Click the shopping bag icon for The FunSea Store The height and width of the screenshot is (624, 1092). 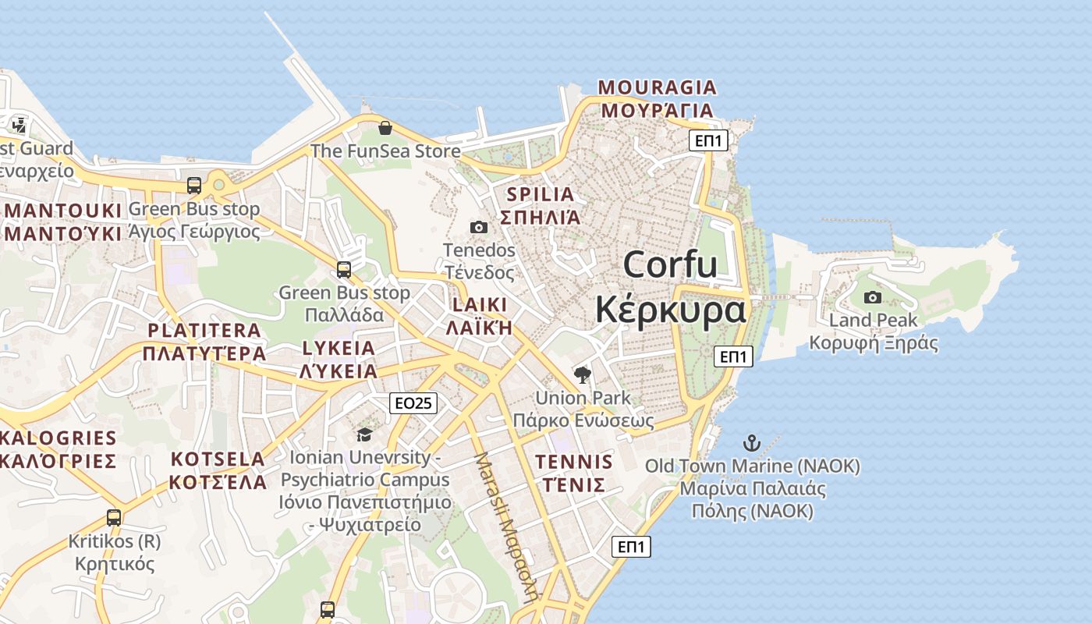pyautogui.click(x=385, y=128)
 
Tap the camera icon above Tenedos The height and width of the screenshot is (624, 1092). pyautogui.click(x=479, y=227)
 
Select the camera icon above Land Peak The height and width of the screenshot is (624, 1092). pyautogui.click(x=873, y=297)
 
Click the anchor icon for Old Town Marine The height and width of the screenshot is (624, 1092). pyautogui.click(x=752, y=443)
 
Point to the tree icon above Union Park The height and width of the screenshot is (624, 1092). pyautogui.click(x=582, y=375)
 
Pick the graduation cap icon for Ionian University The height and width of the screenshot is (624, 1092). pyautogui.click(x=364, y=434)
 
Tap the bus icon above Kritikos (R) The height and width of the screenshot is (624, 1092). pyautogui.click(x=114, y=517)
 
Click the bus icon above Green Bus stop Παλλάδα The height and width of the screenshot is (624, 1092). pyautogui.click(x=344, y=270)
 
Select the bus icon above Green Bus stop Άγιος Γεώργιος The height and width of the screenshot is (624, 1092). pyautogui.click(x=194, y=186)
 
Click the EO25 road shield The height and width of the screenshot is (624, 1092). pyautogui.click(x=413, y=402)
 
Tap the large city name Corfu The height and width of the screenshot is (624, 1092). pyautogui.click(x=670, y=264)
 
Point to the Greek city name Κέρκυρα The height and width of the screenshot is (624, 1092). pyautogui.click(x=670, y=309)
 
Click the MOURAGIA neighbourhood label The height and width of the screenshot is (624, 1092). pyautogui.click(x=657, y=87)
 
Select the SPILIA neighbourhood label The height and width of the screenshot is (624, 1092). pyautogui.click(x=541, y=194)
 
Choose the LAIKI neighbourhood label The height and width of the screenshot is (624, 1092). pyautogui.click(x=480, y=304)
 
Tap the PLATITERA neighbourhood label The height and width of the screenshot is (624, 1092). pyautogui.click(x=204, y=330)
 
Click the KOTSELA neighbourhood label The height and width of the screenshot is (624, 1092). pyautogui.click(x=218, y=458)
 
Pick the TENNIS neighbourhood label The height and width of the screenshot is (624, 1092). pyautogui.click(x=574, y=461)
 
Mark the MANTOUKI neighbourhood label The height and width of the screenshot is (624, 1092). pyautogui.click(x=64, y=211)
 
